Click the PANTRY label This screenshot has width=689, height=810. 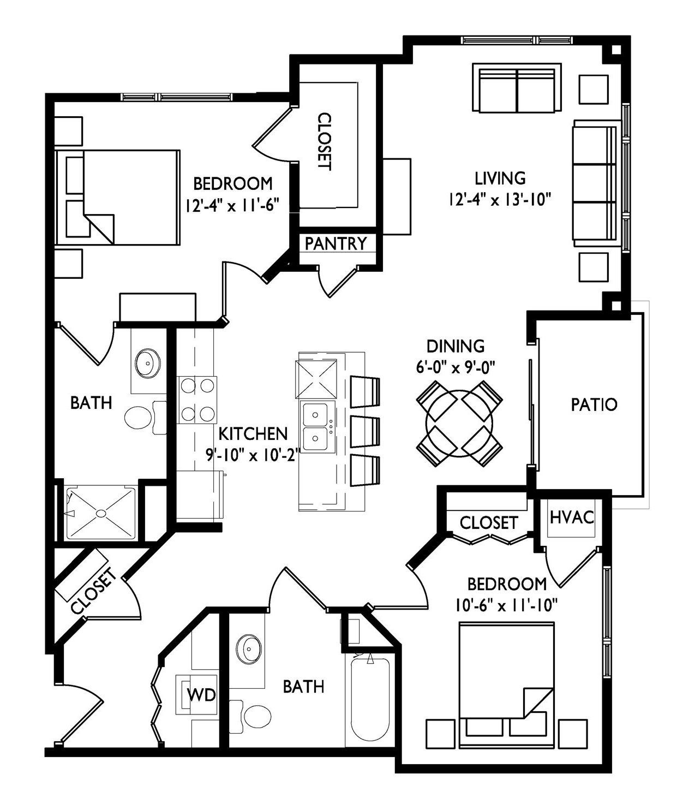point(335,243)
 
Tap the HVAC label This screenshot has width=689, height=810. point(572,517)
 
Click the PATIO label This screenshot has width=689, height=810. point(594,405)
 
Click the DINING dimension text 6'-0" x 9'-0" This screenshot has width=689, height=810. point(456,367)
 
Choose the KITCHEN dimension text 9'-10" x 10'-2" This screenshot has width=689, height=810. point(253,455)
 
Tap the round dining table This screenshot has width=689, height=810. point(459,423)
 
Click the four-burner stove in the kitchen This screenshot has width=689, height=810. point(197,400)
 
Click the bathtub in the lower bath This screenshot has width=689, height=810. point(370,699)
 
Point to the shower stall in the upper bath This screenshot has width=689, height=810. point(101,513)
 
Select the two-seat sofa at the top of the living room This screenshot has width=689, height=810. point(517,88)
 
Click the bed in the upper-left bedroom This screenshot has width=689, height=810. point(117,197)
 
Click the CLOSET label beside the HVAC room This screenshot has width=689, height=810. point(488,523)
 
